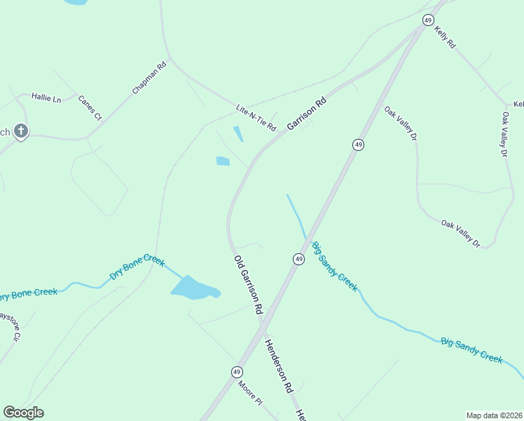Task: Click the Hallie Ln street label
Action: pos(48,100)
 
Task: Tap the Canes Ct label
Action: pos(90,107)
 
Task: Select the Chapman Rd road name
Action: pos(149,79)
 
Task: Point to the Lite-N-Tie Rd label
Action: pos(256,117)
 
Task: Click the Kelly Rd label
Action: pos(445,37)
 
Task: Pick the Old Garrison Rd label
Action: pos(249,284)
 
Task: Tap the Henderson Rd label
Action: pos(277,366)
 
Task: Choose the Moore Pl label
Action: pos(249,392)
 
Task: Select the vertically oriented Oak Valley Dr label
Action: pos(504,133)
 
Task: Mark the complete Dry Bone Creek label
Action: pos(137,268)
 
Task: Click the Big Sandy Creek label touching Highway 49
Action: pos(335,267)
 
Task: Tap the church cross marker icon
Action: pos(21,131)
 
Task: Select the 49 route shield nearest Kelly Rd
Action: pos(427,20)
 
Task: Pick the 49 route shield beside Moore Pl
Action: pos(237,371)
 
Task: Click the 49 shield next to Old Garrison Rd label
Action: pos(298,259)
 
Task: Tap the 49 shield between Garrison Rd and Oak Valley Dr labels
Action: pos(358,145)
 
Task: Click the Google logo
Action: pos(24,413)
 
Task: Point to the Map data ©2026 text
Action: pos(494,415)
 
